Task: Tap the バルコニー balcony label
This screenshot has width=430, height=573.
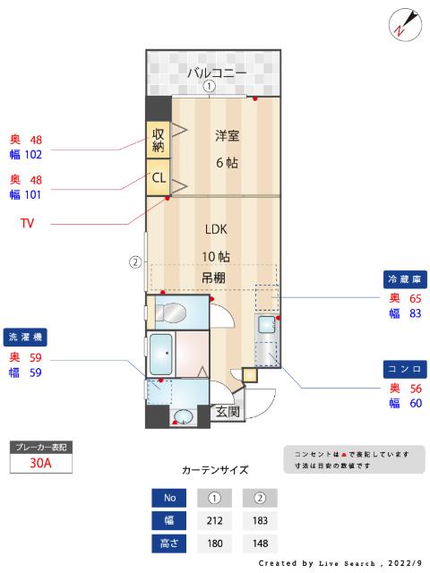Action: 216,73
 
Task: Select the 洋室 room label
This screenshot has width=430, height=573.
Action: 227,136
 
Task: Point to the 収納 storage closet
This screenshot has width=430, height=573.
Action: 158,139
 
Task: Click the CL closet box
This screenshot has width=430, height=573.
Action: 158,177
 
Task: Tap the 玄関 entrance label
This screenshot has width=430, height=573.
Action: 227,412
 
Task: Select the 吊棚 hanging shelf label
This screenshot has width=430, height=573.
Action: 212,278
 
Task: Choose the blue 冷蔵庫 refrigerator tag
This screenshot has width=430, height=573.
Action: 404,278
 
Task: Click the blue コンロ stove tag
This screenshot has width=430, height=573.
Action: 404,369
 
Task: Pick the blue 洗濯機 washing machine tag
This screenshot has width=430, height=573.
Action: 27,338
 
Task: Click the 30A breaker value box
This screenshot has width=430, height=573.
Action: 39,463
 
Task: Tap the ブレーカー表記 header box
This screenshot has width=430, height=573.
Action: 39,446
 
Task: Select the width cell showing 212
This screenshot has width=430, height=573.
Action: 214,520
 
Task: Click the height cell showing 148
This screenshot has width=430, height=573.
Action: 260,543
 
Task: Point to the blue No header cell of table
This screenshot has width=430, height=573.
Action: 168,498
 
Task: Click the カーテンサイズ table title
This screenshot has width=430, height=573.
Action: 214,469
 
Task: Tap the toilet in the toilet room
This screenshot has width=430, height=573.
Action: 171,313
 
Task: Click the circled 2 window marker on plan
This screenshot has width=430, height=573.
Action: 134,262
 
